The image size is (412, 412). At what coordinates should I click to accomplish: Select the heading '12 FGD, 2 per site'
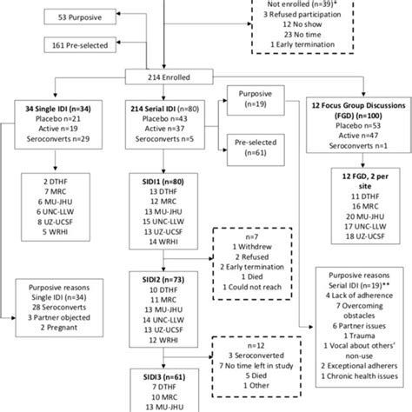point(359,177)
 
